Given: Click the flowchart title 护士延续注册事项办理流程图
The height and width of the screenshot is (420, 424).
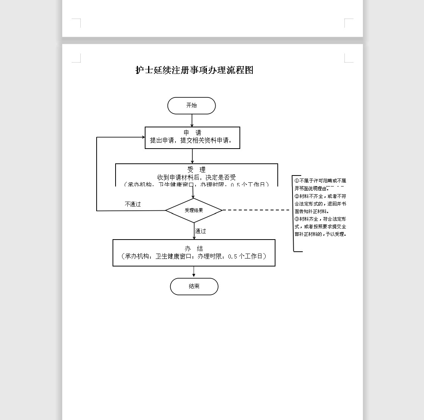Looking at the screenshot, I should (194, 70).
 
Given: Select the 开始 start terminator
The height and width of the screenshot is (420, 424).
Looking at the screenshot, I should (191, 105).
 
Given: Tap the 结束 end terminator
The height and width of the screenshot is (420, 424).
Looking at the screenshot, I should (194, 287).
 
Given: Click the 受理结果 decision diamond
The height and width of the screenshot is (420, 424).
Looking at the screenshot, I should (194, 210).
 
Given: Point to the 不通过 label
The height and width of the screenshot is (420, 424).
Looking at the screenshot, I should (133, 204).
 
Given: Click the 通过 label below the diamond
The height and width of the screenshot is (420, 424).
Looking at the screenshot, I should (200, 231).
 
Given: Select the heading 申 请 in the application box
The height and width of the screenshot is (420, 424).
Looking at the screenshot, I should (192, 133).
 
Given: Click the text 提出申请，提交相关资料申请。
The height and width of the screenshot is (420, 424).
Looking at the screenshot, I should (191, 141).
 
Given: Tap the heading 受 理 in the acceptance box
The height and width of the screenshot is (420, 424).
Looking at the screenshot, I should (196, 170).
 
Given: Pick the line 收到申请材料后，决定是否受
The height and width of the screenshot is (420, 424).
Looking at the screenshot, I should (197, 177).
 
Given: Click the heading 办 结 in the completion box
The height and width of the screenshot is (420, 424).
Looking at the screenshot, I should (194, 249).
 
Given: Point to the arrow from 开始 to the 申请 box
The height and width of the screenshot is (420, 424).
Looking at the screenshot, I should (192, 121).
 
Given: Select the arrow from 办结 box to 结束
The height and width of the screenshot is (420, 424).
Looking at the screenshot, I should (194, 272).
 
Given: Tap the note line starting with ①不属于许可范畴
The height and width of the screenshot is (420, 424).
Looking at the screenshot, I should (320, 181).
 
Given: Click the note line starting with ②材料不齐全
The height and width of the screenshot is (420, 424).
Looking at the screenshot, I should (320, 196).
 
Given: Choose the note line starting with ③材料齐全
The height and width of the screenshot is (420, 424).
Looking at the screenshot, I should (320, 219).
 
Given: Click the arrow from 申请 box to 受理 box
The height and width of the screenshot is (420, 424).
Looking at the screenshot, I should (192, 156).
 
